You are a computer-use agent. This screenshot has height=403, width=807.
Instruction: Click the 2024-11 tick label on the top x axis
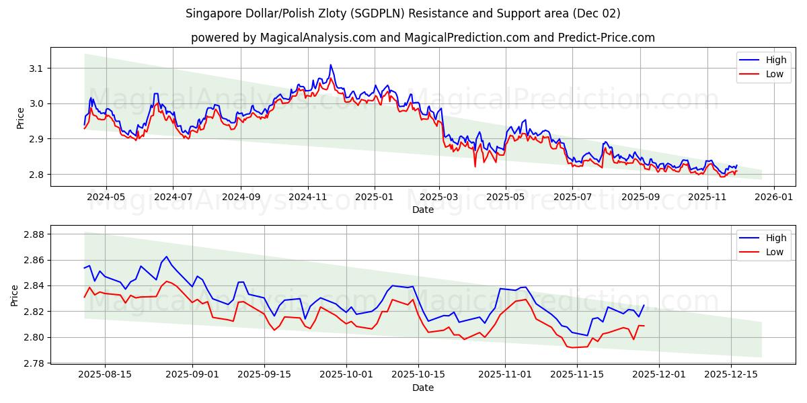point(308,197)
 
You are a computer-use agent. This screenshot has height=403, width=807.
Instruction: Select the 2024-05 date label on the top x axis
point(106,197)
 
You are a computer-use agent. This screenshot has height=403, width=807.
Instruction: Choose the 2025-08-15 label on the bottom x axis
point(106,375)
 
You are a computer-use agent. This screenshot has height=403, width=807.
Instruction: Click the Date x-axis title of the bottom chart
point(423,388)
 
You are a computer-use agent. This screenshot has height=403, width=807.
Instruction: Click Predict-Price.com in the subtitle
point(608,38)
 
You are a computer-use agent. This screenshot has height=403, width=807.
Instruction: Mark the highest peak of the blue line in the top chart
point(330,65)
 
